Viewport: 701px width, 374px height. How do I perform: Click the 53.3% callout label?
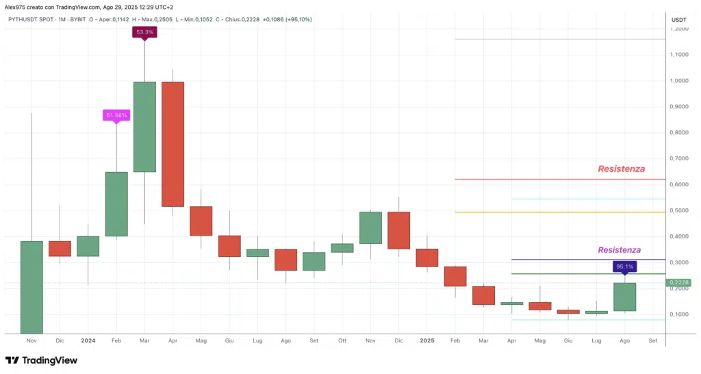[x=144, y=32]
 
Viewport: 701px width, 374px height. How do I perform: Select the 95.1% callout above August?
[x=624, y=266]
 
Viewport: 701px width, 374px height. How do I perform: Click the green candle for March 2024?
[x=144, y=127]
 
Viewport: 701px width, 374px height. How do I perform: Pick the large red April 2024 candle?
[x=173, y=144]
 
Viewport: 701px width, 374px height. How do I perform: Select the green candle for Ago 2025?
[x=624, y=297]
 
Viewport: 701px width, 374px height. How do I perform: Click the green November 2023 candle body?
[x=31, y=288]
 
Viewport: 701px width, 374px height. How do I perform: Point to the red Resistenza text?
[x=621, y=169]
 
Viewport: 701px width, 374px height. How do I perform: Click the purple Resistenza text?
[x=619, y=250]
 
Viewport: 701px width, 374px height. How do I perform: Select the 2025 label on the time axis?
[x=426, y=340]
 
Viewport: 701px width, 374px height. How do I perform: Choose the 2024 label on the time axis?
[x=88, y=340]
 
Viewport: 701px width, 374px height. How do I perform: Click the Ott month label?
[x=342, y=340]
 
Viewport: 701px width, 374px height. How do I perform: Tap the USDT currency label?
[x=679, y=19]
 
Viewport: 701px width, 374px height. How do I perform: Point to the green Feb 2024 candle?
[x=116, y=203]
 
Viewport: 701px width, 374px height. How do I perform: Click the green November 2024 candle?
[x=370, y=227]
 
